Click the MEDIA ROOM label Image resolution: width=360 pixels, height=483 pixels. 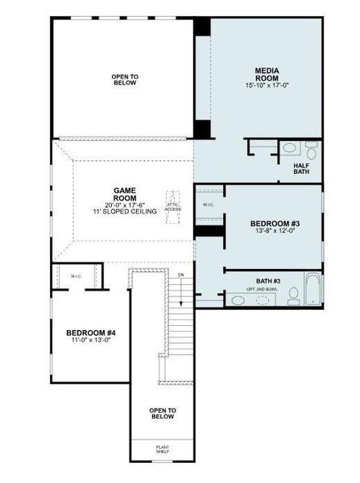click(267, 74)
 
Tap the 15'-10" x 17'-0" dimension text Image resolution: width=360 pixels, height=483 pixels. click(267, 85)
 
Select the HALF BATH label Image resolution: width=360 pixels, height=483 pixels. click(301, 168)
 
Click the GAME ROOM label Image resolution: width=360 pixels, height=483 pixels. click(124, 194)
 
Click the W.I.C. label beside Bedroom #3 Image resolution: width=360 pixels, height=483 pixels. click(208, 204)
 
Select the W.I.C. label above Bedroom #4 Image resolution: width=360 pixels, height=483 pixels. click(77, 277)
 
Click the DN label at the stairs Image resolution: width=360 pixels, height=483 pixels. click(181, 275)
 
